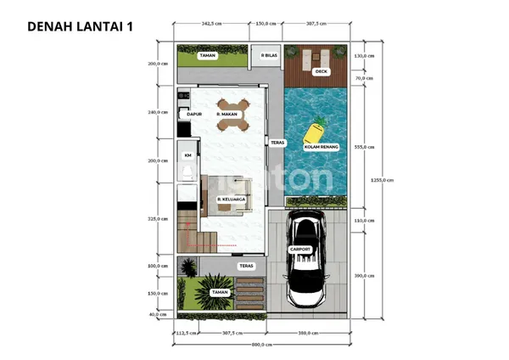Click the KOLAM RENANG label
click(322, 148)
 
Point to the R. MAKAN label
click(229, 114)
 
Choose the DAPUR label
click(193, 114)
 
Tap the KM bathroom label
click(187, 157)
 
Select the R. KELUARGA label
click(231, 200)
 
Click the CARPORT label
click(300, 249)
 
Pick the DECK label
click(321, 72)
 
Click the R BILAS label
click(270, 56)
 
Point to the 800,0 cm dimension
click(262, 345)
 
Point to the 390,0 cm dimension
click(364, 276)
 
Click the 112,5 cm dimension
click(184, 332)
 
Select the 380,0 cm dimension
click(307, 332)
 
